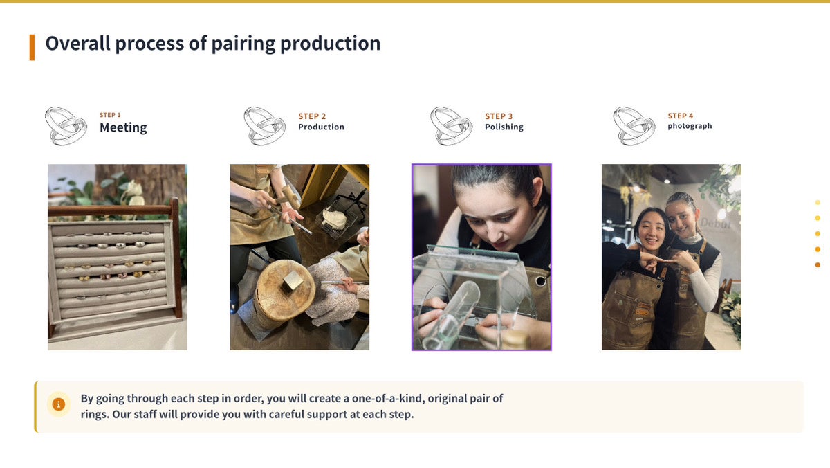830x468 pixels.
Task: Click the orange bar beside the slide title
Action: coord(33,47)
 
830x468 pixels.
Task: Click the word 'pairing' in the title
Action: coord(243,44)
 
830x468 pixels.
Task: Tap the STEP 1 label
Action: coord(110,115)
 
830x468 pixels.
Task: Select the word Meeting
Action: coord(123,127)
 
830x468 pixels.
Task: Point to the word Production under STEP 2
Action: coord(321,127)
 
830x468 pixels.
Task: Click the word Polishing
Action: coord(504,127)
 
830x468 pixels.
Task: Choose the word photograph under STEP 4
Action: coord(690,126)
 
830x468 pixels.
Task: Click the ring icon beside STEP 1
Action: coord(66,126)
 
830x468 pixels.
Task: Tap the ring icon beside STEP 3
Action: coord(451,126)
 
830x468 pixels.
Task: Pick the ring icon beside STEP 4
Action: coord(634,126)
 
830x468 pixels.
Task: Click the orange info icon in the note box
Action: coord(59,404)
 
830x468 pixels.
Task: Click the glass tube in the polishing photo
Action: coord(452,314)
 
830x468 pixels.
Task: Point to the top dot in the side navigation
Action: coord(818,202)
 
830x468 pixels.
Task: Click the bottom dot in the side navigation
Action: coord(818,264)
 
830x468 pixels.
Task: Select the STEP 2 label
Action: coord(312,116)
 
